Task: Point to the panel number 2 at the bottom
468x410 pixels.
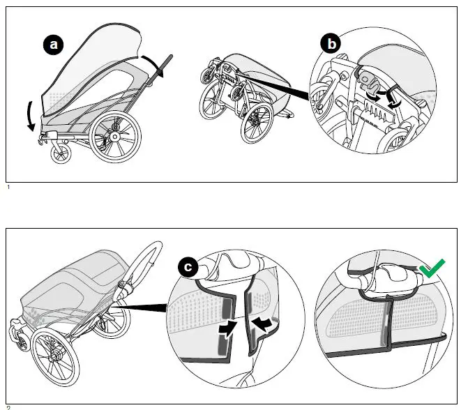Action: [x=8, y=407]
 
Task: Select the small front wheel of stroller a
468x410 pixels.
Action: [x=60, y=154]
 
